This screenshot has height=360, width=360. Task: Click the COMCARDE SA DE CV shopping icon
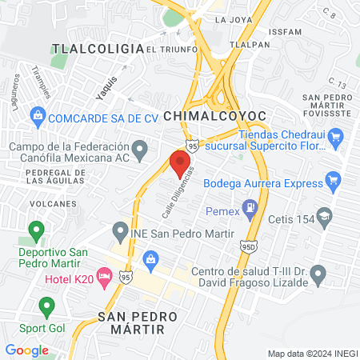click(x=37, y=117)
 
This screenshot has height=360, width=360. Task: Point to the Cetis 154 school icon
click(x=324, y=215)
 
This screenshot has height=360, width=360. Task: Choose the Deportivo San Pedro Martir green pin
click(x=35, y=231)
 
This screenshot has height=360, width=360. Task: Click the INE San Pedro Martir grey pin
click(x=120, y=233)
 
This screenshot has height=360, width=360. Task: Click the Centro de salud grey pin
click(x=318, y=275)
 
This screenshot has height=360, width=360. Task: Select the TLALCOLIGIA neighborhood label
click(x=96, y=49)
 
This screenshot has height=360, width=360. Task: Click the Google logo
click(x=26, y=350)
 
